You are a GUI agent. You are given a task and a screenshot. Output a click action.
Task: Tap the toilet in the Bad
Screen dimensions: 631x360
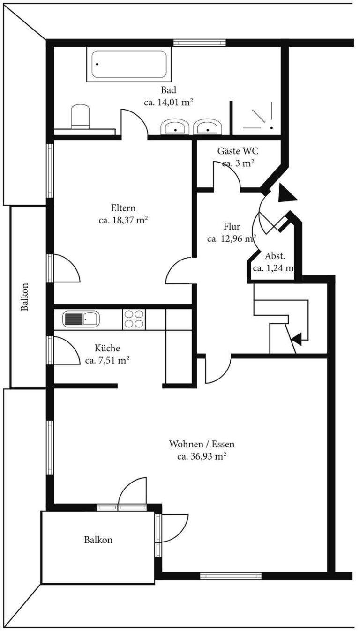click(80, 116)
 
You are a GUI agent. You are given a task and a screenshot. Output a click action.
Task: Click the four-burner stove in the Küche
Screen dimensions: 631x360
click(134, 319)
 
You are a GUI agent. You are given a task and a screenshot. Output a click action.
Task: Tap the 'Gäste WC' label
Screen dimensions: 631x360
click(238, 151)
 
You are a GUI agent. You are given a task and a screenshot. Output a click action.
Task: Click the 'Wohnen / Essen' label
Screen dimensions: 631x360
click(202, 444)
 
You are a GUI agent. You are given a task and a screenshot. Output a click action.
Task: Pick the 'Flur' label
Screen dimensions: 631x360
click(232, 227)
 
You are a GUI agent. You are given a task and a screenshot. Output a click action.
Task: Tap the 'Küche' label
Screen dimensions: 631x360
click(107, 348)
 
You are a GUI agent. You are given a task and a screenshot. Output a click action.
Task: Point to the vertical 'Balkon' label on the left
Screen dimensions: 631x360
click(24, 297)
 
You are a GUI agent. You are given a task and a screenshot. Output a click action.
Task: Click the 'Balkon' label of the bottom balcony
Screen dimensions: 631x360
click(98, 540)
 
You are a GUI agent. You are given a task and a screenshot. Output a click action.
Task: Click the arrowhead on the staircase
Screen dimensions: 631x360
click(296, 337)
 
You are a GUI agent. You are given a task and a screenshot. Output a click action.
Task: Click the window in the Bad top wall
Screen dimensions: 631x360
click(199, 43)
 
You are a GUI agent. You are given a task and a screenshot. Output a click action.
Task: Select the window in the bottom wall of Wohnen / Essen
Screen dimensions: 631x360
click(231, 576)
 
